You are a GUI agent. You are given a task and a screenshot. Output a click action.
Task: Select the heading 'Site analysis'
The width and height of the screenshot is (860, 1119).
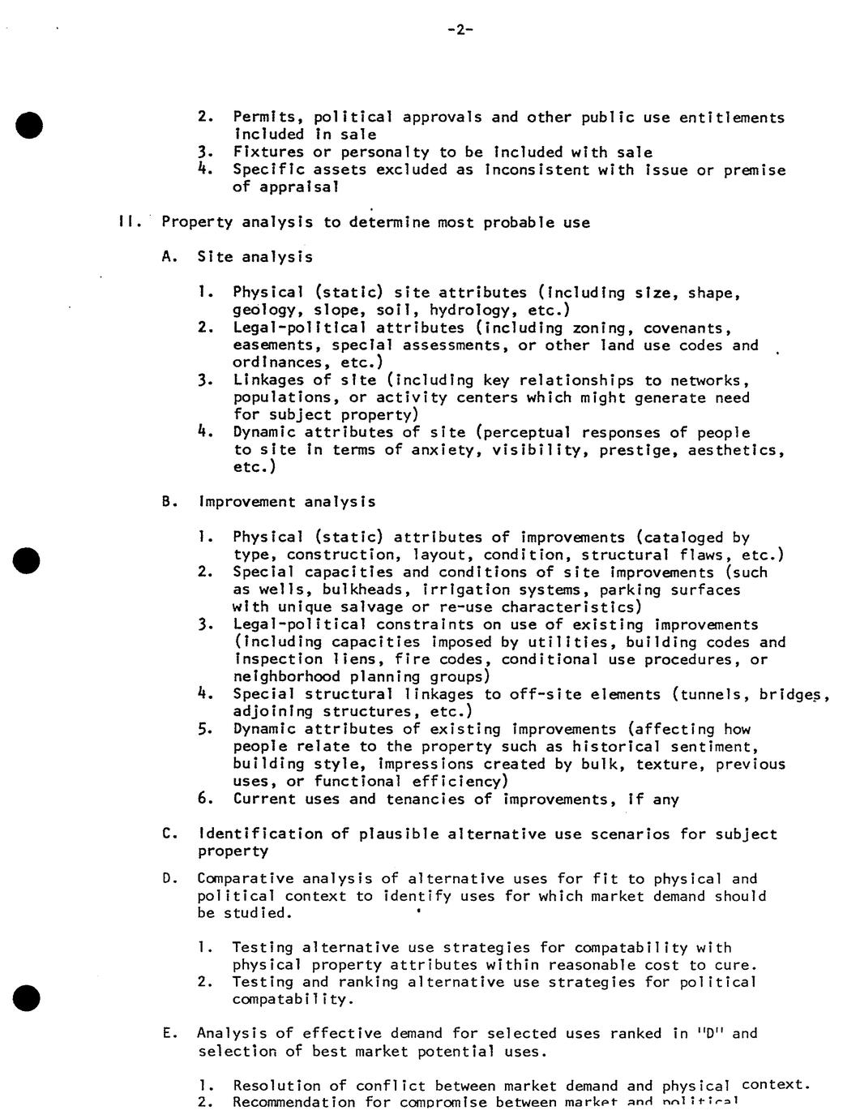[255, 257]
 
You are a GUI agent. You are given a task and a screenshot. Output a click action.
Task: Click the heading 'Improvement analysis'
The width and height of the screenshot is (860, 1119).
[287, 502]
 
